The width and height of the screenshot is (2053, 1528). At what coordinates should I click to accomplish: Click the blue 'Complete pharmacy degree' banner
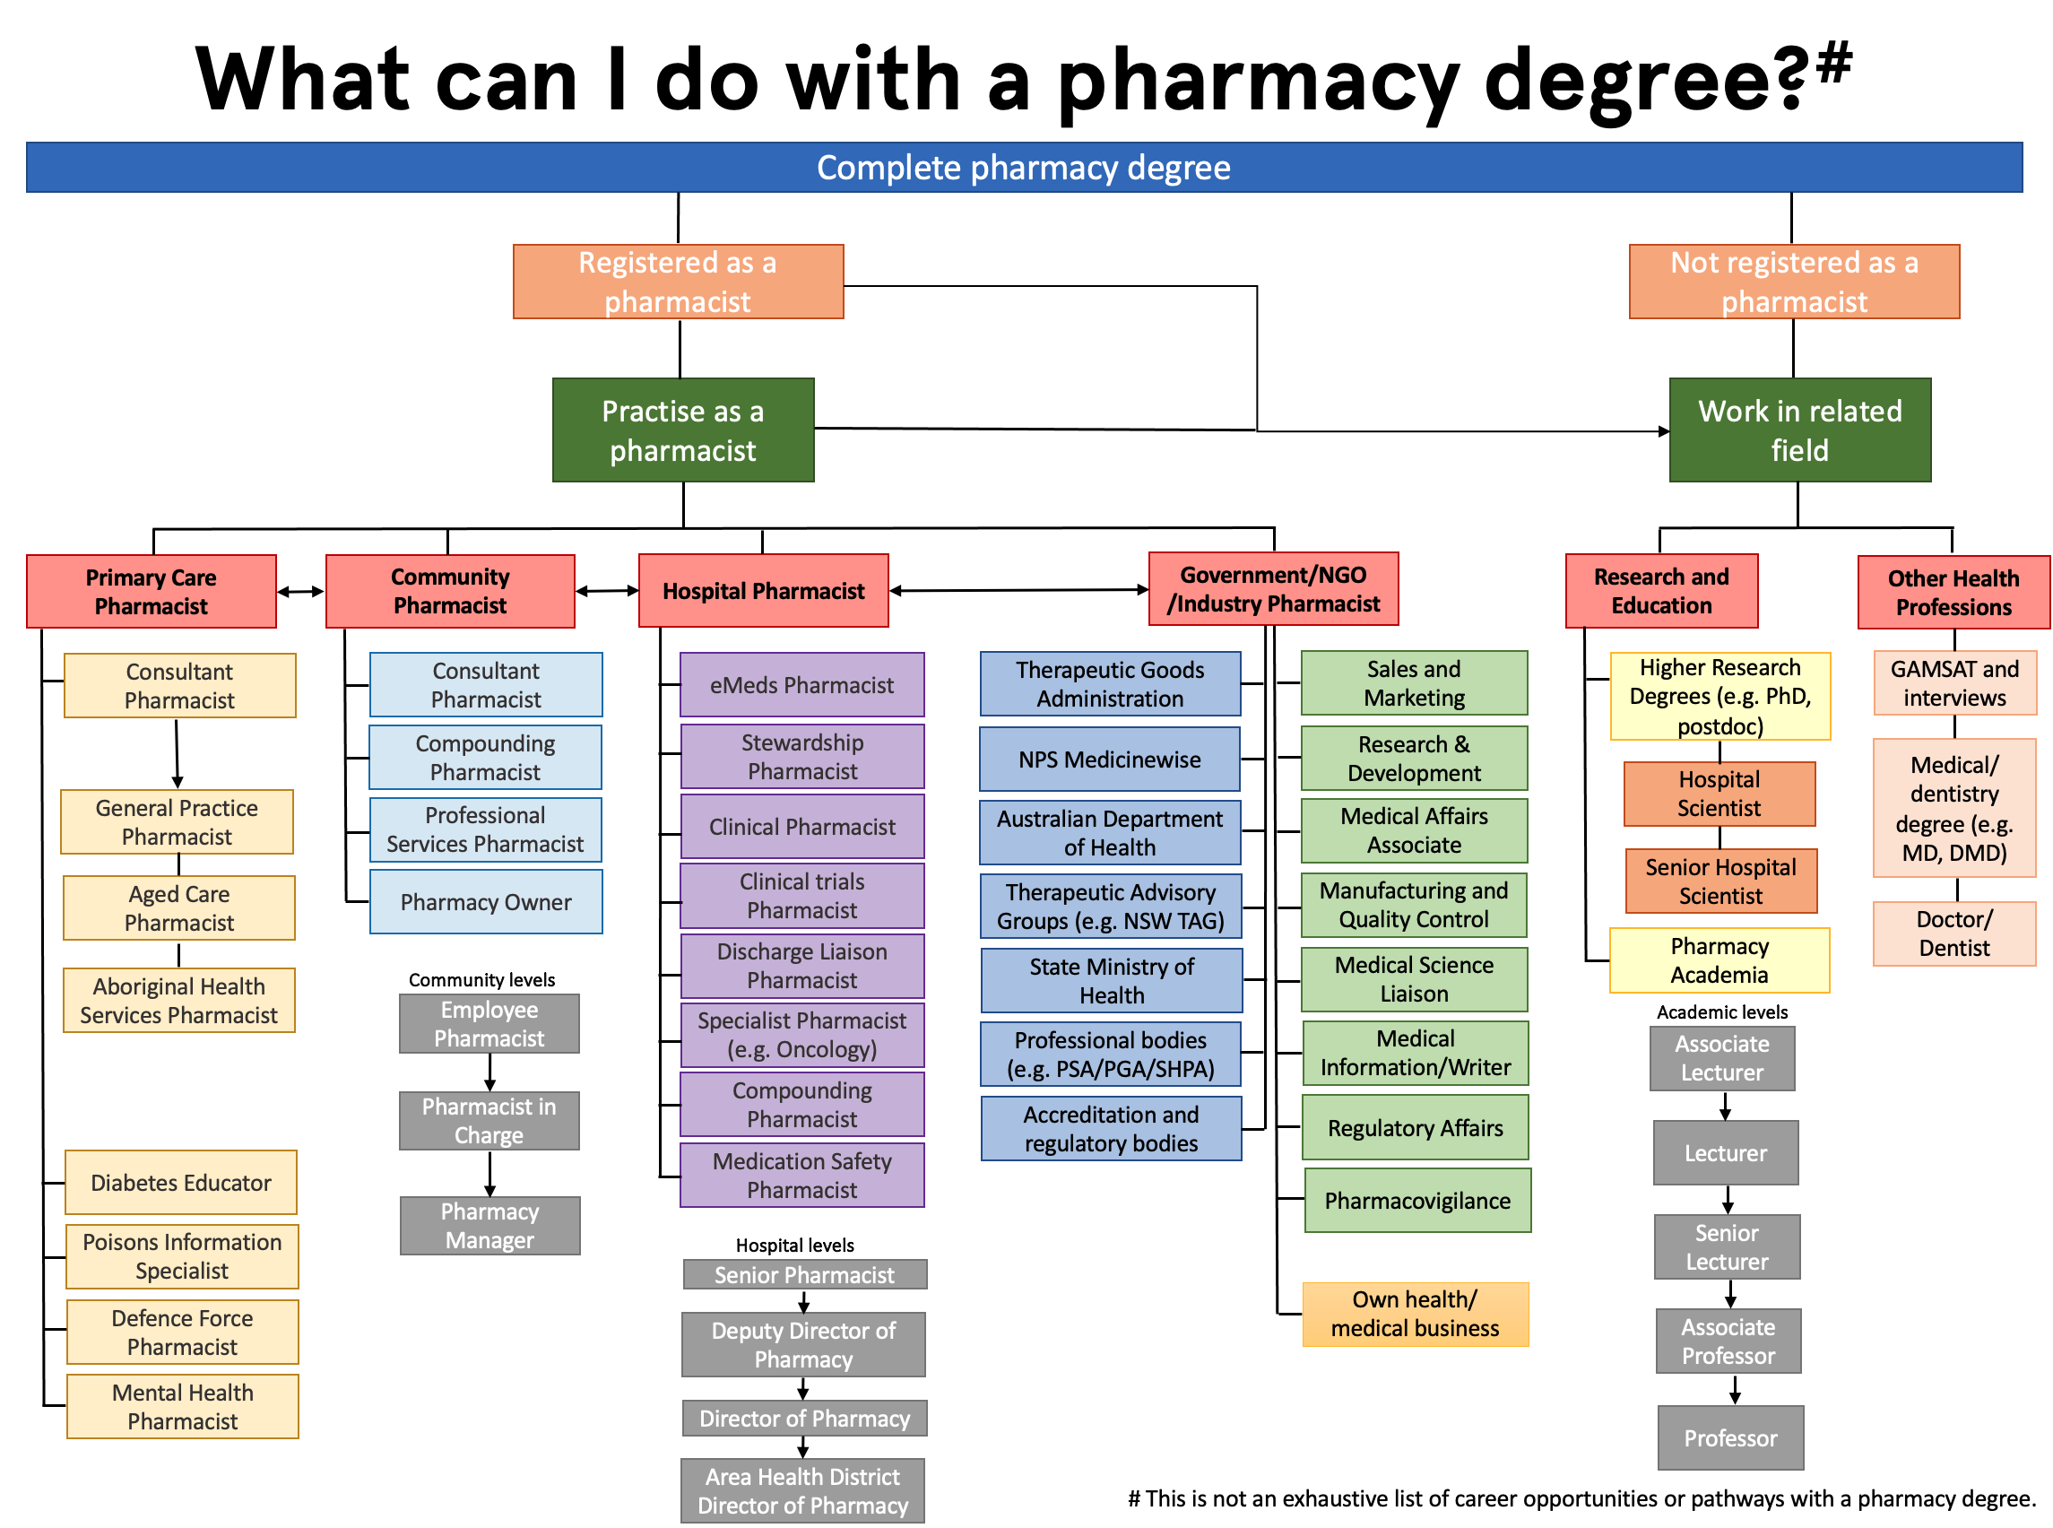(1023, 168)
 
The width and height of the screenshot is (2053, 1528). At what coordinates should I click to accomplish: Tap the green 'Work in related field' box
(1798, 430)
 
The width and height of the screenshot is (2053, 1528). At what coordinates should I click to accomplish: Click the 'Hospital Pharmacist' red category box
(763, 591)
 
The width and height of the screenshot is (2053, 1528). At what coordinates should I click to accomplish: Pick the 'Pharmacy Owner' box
(486, 902)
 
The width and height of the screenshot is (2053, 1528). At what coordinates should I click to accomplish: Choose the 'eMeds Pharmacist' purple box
(801, 685)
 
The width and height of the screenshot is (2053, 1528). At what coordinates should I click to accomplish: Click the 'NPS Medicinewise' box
(1109, 760)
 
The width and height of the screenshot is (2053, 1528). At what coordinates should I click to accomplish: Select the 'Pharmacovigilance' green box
(1416, 1201)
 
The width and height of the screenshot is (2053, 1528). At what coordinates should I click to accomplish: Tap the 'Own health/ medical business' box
(1414, 1315)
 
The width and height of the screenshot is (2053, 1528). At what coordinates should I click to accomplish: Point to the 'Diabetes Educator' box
(180, 1183)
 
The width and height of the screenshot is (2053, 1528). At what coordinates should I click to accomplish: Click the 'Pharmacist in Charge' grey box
(489, 1121)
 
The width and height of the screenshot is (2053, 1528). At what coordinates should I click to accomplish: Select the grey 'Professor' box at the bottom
(1729, 1438)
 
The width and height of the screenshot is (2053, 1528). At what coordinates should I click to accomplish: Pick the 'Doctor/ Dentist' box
(1953, 934)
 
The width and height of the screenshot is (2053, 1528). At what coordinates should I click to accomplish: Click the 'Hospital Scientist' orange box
(1719, 794)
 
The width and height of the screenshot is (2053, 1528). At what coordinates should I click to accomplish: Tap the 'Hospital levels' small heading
(794, 1245)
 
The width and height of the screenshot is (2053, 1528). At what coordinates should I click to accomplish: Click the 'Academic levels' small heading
(1721, 1011)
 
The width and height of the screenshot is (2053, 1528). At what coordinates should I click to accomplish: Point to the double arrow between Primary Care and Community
(300, 592)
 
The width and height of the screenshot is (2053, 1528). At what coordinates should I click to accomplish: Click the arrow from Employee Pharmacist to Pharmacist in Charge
(489, 1073)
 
